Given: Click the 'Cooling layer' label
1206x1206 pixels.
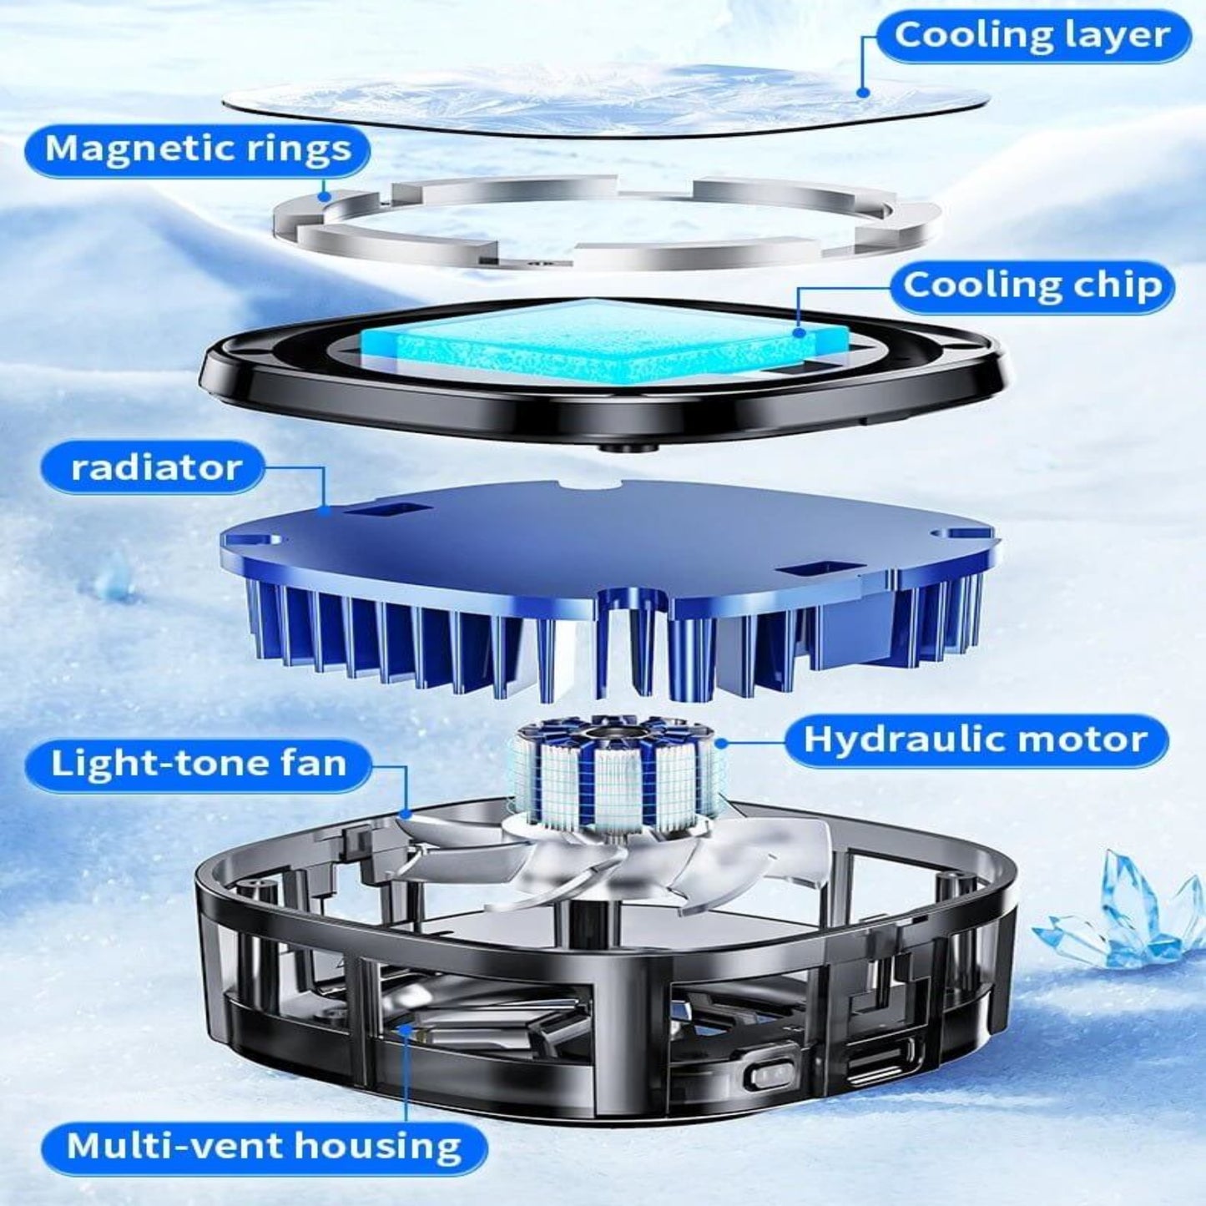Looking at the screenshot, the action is pyautogui.click(x=1032, y=37).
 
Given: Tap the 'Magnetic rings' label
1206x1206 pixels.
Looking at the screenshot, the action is pyautogui.click(x=198, y=149).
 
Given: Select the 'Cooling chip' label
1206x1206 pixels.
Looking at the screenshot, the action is pyautogui.click(x=1033, y=286).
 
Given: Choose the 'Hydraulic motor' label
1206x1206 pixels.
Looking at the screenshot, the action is pyautogui.click(x=976, y=739).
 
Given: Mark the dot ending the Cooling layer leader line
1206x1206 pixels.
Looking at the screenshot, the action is pyautogui.click(x=865, y=93).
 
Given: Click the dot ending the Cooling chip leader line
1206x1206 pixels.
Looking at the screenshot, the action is pyautogui.click(x=800, y=332).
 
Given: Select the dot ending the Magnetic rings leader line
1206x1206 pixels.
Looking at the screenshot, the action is pyautogui.click(x=324, y=196).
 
